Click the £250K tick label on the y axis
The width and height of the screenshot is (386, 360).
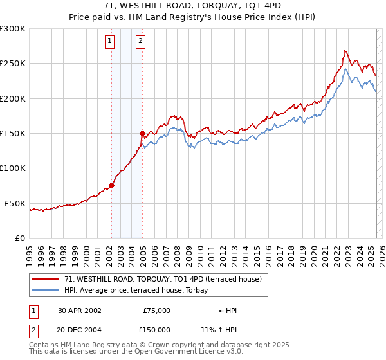tap(13, 64)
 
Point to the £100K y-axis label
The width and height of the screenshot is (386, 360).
tap(13, 168)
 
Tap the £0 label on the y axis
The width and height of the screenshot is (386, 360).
tap(19, 238)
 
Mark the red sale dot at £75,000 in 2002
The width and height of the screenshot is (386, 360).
tap(111, 185)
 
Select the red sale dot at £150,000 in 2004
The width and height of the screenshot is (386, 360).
tap(142, 133)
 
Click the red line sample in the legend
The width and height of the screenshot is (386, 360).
tap(46, 280)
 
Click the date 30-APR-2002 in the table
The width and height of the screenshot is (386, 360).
tap(80, 310)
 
